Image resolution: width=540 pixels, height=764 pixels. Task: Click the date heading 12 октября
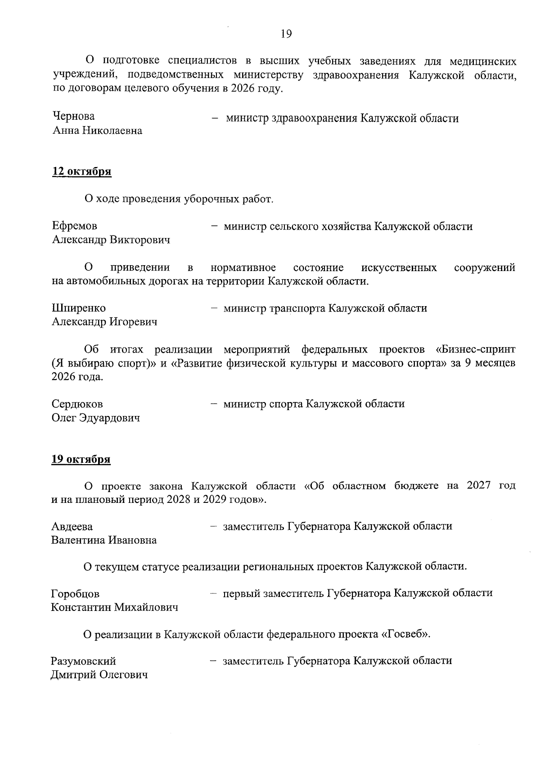coord(82,172)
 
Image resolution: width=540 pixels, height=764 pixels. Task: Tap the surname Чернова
coord(74,116)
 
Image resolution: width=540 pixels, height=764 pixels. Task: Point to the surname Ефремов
coord(75,226)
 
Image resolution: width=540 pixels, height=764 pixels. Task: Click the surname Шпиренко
coord(79,308)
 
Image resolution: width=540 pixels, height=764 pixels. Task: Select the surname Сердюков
coord(77,404)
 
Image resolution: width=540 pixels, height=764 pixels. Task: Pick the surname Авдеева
coord(72,526)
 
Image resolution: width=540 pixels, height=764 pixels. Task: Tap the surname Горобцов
coord(76,594)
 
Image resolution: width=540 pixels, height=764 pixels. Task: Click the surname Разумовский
coord(84,661)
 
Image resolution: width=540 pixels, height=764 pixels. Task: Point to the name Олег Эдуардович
coord(96,418)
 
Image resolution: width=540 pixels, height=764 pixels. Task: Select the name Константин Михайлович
coord(115,608)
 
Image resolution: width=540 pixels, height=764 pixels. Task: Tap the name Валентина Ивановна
coord(104,540)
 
